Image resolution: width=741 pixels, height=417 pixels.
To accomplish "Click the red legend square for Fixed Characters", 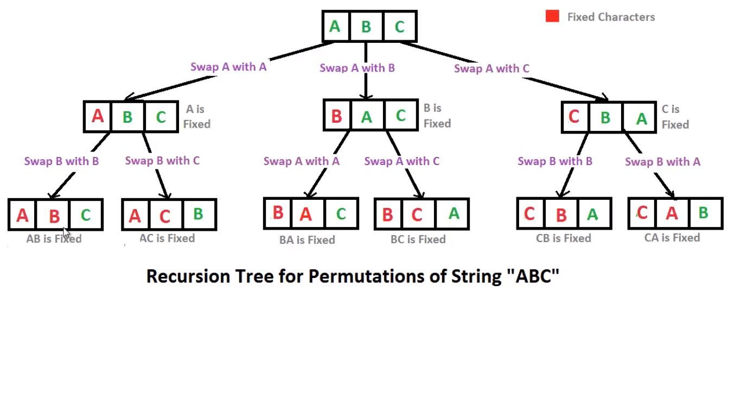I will tap(552, 16).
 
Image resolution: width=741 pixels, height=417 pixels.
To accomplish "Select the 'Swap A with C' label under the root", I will tap(491, 68).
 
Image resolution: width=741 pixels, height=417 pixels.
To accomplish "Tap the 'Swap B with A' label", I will tap(662, 162).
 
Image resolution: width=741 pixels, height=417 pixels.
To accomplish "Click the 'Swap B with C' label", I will tap(162, 161).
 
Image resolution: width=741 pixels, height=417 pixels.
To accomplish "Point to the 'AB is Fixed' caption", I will tap(54, 239).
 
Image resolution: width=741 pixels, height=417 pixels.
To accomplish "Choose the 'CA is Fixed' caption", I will tap(672, 238).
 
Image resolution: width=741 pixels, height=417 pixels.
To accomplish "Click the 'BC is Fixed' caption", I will tap(418, 239).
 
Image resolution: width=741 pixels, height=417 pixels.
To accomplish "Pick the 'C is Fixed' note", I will tap(675, 117).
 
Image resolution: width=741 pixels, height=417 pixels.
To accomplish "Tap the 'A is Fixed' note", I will tap(196, 117).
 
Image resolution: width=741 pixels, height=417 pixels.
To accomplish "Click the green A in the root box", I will tap(335, 26).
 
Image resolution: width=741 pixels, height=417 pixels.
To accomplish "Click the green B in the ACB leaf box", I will tap(198, 214).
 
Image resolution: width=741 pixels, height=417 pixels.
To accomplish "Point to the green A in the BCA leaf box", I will tap(453, 214).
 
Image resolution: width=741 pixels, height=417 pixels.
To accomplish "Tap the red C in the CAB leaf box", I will tap(642, 213).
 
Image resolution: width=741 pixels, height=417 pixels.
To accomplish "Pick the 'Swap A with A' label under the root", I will tap(228, 67).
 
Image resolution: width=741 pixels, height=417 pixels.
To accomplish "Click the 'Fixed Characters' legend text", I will tap(611, 17).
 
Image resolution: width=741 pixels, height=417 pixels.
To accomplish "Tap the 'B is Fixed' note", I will tap(437, 116).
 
